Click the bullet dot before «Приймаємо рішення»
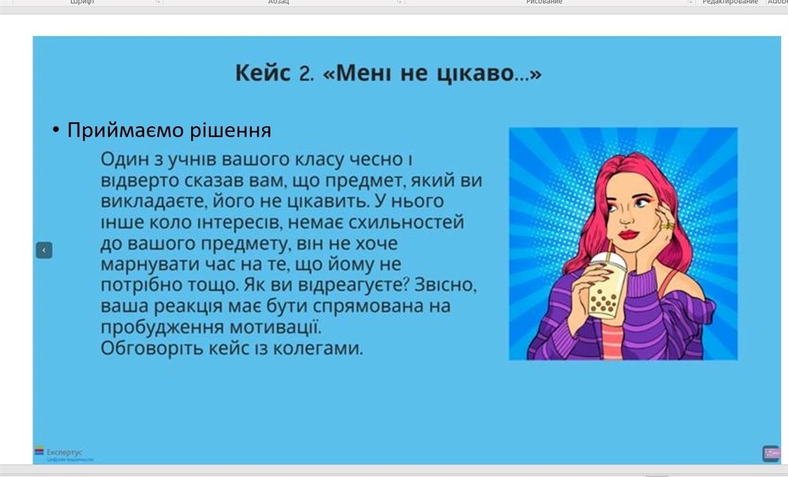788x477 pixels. pyautogui.click(x=55, y=130)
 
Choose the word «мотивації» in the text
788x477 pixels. pyautogui.click(x=275, y=327)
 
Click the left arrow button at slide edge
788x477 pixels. pyautogui.click(x=43, y=250)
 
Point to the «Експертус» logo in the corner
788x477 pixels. pyautogui.click(x=59, y=452)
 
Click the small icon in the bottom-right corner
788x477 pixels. pyautogui.click(x=771, y=453)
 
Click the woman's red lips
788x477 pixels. pyautogui.click(x=628, y=235)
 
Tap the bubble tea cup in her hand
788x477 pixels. pyautogui.click(x=604, y=290)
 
